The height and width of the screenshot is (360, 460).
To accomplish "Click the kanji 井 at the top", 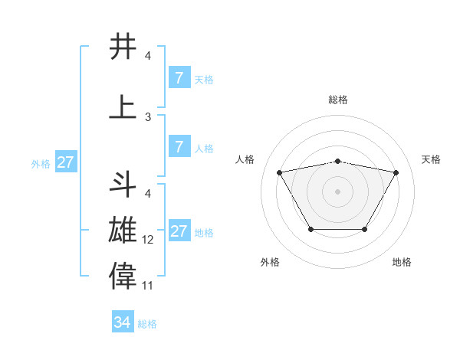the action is [123, 47].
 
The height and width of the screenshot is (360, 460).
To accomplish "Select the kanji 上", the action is [123, 107].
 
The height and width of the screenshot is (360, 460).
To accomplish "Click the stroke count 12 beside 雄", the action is [148, 240].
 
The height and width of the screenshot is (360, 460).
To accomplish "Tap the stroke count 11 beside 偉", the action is [148, 285].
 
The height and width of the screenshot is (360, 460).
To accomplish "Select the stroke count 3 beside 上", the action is [148, 117].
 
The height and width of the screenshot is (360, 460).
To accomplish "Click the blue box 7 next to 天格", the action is [179, 77].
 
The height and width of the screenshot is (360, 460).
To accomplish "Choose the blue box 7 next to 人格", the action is [179, 147].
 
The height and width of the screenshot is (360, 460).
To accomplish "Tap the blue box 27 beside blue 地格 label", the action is [179, 231].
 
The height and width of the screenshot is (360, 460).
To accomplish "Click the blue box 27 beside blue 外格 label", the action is [65, 162].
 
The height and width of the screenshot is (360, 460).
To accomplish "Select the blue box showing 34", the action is [123, 322].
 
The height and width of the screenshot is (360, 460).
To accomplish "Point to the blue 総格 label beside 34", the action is [147, 324].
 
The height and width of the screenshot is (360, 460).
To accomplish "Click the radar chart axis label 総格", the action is [337, 100].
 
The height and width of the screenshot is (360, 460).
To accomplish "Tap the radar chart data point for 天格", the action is [396, 172].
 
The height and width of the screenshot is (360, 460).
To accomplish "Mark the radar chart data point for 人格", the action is [279, 172].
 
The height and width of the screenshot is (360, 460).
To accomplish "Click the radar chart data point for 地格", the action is [364, 229].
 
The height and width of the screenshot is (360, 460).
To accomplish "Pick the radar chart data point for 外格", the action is [310, 229].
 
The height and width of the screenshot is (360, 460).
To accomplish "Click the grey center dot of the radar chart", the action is [337, 191].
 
